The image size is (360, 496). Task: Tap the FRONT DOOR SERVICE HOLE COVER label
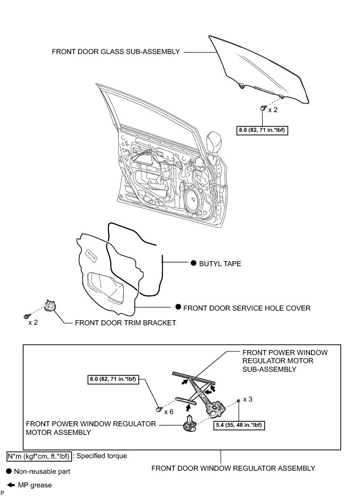[x=246, y=308]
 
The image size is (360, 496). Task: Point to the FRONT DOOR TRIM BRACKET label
[x=125, y=323]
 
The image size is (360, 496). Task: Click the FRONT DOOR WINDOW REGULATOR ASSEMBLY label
[x=233, y=468]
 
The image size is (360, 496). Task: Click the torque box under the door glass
[x=263, y=130]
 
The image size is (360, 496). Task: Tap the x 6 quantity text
[x=169, y=412]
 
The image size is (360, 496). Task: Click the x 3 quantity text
[x=248, y=399]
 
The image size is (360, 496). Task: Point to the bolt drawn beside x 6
[x=159, y=408]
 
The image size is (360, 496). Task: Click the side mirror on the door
[x=213, y=146]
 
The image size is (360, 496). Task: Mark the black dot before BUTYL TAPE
[x=193, y=264]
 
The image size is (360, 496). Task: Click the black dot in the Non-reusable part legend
[x=9, y=471]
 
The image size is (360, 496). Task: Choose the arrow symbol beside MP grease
[x=9, y=485]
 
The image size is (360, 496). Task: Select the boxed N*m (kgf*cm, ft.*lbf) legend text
[x=39, y=456]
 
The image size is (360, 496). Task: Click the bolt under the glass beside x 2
[x=263, y=108]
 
